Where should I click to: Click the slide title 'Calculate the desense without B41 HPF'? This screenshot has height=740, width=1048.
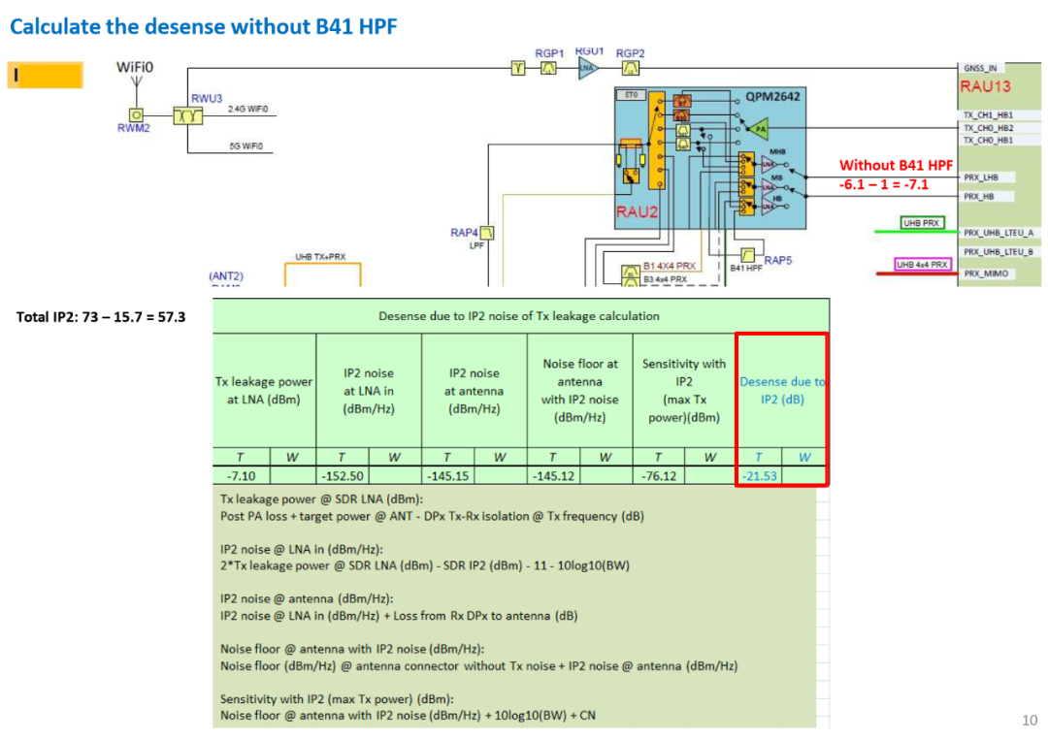203,26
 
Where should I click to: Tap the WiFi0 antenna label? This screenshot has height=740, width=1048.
135,67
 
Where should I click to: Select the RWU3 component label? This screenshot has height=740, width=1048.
207,99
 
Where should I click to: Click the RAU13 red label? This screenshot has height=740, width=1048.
985,86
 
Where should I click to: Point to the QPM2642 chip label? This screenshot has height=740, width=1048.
772,97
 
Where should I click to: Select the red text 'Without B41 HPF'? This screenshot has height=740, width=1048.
896,165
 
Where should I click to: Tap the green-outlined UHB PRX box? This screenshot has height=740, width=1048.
922,223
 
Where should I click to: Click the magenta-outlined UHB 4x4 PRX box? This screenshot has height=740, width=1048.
923,264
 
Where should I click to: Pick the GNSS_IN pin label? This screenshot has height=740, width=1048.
980,68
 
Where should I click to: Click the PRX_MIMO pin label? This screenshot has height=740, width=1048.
985,273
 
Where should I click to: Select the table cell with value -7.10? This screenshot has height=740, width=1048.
241,475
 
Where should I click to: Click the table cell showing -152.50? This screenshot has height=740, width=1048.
342,475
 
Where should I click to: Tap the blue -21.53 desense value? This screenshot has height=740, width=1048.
760,475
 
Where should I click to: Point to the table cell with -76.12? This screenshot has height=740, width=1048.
659,475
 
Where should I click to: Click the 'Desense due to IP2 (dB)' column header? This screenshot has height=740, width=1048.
782,390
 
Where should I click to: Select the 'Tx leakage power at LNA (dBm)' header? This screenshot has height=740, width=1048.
264,390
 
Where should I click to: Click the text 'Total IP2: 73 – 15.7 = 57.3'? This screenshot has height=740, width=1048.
101,317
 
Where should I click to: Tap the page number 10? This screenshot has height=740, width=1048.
1030,719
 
